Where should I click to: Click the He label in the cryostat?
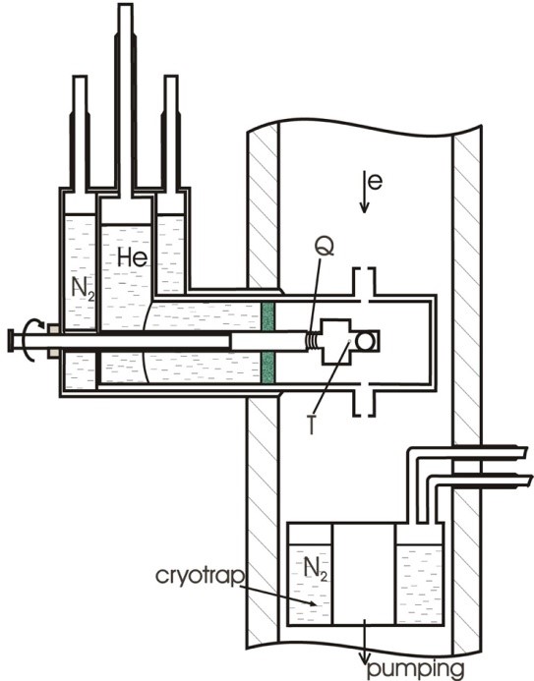point(133,257)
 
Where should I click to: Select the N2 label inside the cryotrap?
point(316,569)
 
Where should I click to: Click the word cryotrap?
point(199,576)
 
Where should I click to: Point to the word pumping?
point(415,668)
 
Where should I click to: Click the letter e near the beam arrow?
point(375,182)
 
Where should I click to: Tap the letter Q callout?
point(325,247)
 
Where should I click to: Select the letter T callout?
point(311,425)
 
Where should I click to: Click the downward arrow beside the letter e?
point(364,192)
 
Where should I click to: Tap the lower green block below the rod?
point(268,368)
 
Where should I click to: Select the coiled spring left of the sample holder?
point(311,340)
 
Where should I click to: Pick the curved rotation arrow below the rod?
point(31,354)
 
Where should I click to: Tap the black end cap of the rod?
point(11,340)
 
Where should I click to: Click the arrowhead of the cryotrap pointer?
point(313,603)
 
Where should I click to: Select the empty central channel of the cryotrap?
point(364,574)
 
